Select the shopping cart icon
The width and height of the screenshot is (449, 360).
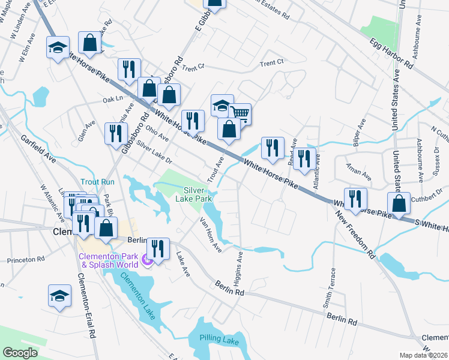point(240,112)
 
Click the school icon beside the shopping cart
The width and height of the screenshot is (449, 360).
point(221,106)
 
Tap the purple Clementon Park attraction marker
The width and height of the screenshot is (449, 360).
point(146,258)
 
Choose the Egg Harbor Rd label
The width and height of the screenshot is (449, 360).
point(392,54)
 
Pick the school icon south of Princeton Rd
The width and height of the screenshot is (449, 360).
point(59,295)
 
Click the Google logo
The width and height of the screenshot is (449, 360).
point(20,353)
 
